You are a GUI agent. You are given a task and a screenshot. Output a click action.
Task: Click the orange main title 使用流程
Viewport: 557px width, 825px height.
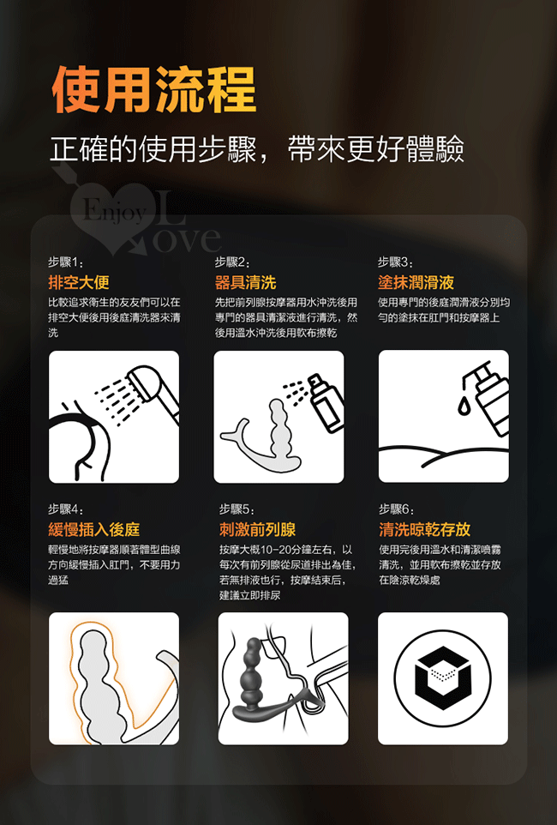tap(154, 89)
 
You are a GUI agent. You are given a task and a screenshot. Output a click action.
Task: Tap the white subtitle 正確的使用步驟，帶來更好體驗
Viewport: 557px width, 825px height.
tap(257, 149)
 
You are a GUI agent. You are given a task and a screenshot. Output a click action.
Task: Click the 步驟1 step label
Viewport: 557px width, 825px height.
tap(66, 262)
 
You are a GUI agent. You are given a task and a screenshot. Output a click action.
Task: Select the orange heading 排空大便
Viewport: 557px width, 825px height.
tap(79, 282)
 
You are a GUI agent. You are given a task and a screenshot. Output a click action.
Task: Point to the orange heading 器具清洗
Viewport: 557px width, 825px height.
tap(246, 282)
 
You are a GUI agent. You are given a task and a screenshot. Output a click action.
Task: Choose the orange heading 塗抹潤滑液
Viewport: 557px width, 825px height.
tap(416, 282)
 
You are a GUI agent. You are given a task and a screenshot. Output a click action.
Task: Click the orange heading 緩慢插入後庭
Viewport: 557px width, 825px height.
tap(94, 529)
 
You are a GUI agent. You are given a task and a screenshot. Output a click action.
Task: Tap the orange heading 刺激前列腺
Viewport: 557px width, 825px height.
tap(258, 529)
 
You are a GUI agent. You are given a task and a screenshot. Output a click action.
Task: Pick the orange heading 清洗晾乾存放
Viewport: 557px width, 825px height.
tap(425, 529)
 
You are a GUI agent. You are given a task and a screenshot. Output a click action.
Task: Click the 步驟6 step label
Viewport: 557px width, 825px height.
tap(397, 509)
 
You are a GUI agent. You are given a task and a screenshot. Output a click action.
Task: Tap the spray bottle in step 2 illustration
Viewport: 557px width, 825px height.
tap(326, 402)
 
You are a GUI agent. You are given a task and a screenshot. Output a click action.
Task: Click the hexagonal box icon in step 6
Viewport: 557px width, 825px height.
tap(443, 678)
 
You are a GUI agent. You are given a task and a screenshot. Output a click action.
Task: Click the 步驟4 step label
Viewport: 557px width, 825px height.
tap(66, 509)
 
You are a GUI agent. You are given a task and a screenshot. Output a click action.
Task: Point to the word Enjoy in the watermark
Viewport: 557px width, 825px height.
tap(115, 212)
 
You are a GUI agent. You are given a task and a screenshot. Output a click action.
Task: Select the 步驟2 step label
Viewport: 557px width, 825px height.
tap(232, 262)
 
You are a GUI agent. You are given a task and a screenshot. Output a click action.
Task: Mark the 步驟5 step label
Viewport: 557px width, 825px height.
tap(237, 509)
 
